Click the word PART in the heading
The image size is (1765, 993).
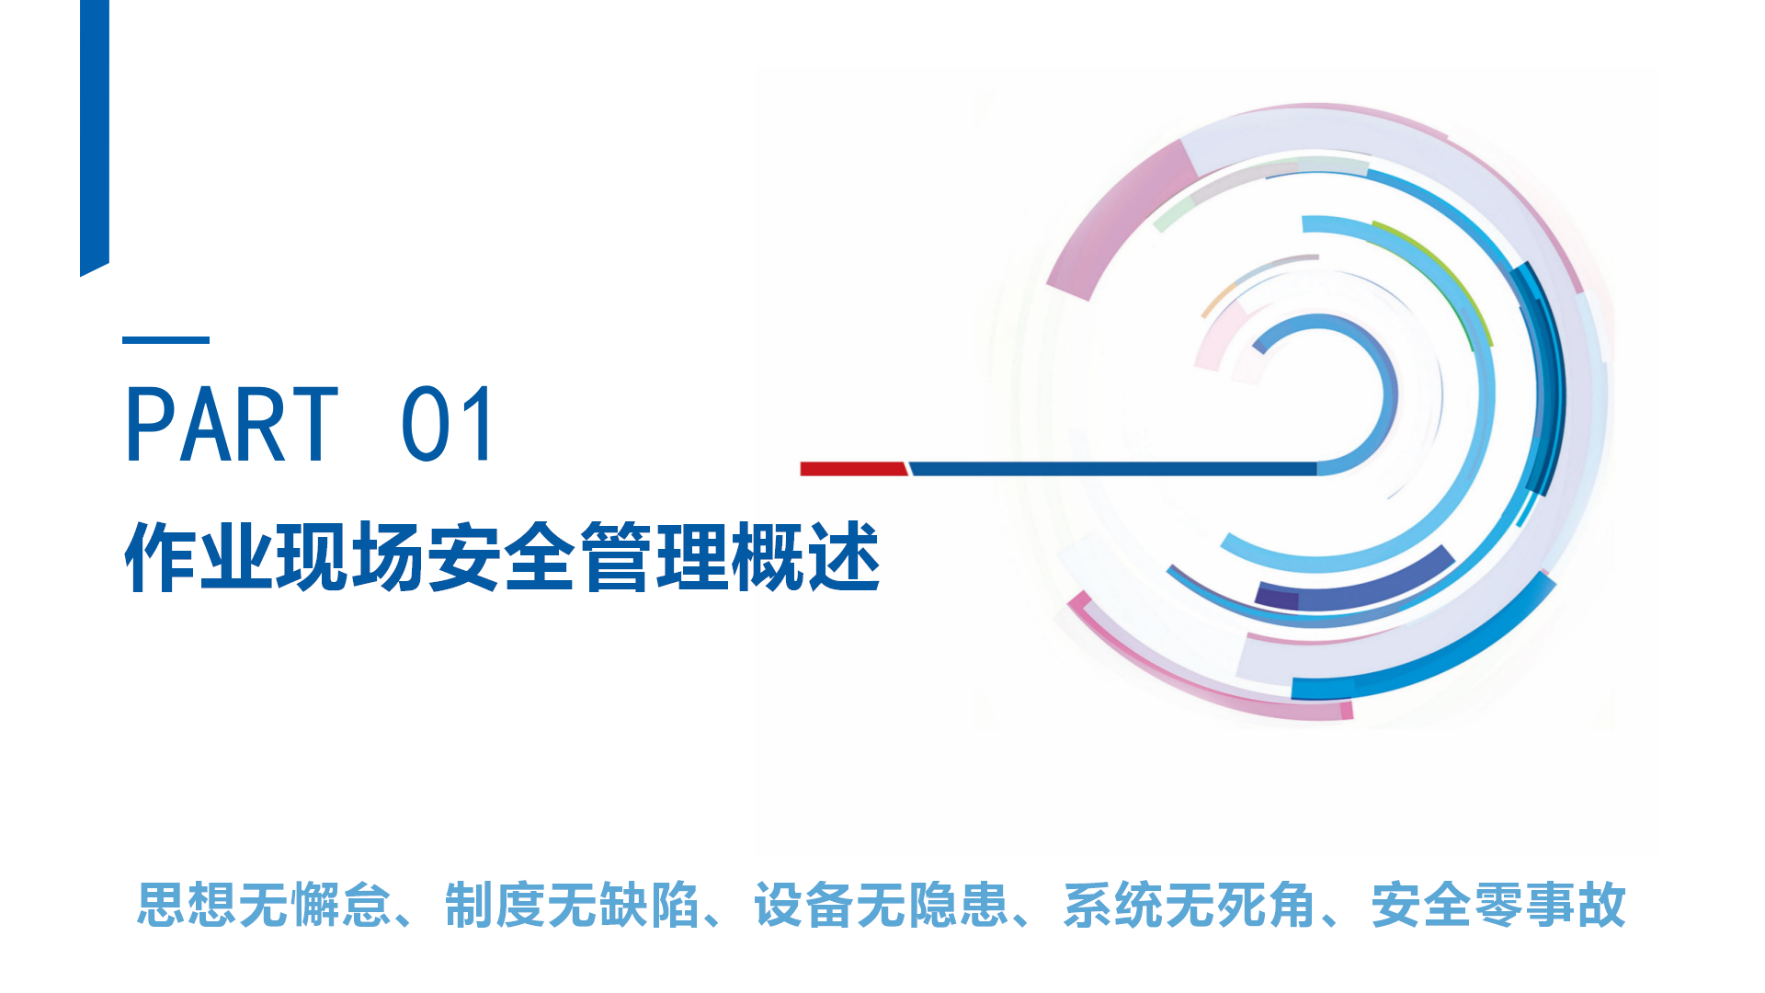coord(232,424)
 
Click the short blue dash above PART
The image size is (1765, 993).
coord(165,340)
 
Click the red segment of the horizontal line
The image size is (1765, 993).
coord(854,469)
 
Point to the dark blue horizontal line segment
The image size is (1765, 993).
coord(1113,469)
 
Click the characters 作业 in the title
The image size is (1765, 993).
coord(199,557)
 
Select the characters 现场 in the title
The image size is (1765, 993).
coord(351,557)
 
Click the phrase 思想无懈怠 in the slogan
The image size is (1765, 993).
coord(264,905)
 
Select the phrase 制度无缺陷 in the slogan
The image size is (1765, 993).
coord(572,905)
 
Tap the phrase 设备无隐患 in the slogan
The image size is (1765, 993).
coord(881,905)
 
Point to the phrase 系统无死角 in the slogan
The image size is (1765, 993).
coord(1190,905)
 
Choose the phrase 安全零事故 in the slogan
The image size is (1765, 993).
coord(1498,905)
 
